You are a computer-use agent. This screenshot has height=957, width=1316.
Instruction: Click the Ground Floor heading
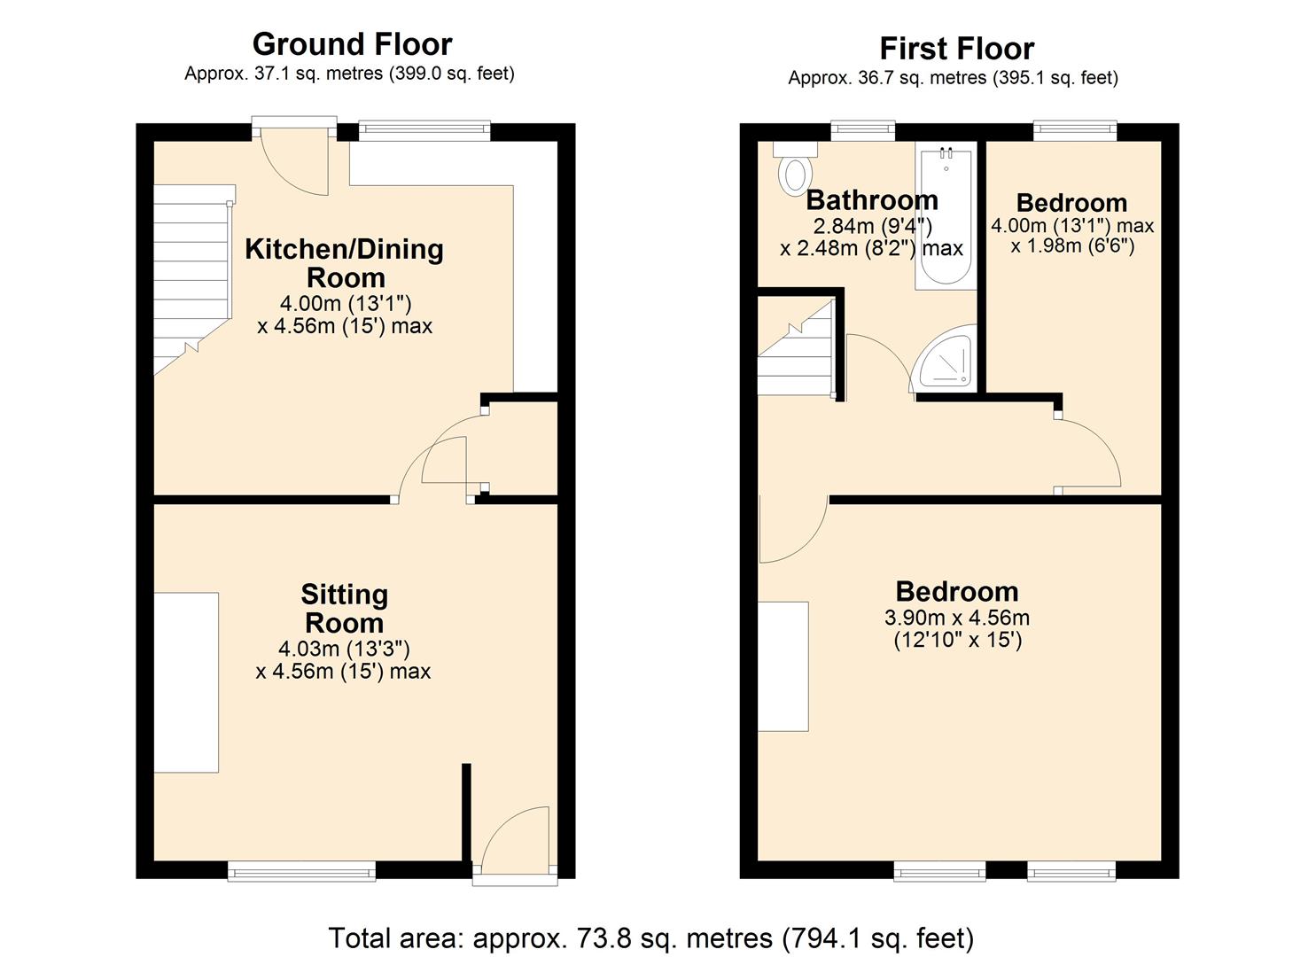(352, 44)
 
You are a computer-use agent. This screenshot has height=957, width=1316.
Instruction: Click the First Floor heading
(956, 48)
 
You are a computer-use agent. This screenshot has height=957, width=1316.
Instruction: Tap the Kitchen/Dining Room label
(344, 263)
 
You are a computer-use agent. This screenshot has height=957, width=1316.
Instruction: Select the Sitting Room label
(344, 608)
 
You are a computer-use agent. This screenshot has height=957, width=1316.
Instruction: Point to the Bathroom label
(871, 200)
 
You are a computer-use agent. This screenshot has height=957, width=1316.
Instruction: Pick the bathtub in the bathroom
(946, 217)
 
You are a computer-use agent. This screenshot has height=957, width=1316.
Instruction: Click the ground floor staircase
(191, 275)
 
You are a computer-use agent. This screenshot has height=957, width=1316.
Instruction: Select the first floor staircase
(795, 350)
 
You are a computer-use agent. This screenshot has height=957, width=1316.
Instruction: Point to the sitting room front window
(301, 872)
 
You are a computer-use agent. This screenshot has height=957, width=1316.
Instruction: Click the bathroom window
(862, 131)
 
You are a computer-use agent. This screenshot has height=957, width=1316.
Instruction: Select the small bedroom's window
(1074, 131)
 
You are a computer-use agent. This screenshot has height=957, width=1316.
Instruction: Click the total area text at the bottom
(651, 938)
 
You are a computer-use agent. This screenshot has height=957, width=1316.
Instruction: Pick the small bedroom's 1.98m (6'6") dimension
(1072, 245)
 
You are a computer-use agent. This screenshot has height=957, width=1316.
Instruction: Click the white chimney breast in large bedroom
(783, 666)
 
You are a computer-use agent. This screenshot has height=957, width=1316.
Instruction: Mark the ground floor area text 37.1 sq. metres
(349, 74)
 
